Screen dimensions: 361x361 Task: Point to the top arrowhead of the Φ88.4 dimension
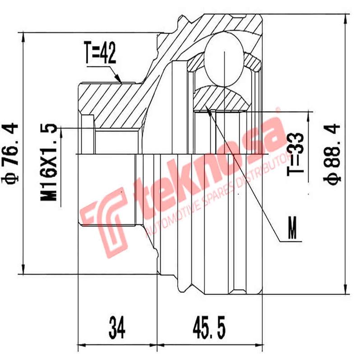tap(345, 19)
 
